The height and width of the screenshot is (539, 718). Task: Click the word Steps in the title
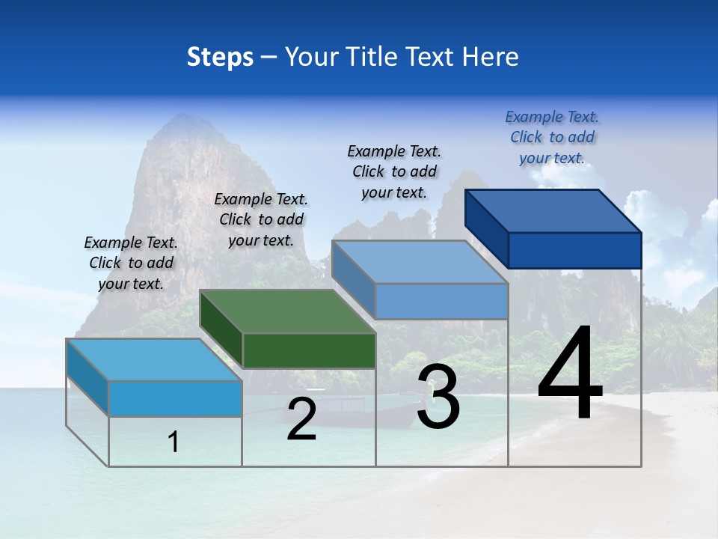click(x=220, y=57)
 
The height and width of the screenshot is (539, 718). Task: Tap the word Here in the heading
click(x=491, y=57)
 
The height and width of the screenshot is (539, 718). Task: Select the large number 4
click(x=570, y=374)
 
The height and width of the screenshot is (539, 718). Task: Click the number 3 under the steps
click(x=438, y=396)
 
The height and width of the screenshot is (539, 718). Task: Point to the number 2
click(x=301, y=419)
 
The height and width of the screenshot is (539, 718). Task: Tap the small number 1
click(x=174, y=442)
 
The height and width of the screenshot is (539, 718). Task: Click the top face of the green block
click(x=288, y=311)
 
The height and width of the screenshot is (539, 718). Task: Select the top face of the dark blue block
click(x=553, y=210)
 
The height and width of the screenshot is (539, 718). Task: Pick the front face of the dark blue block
click(x=574, y=250)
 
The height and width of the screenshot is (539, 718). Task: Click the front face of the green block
click(x=309, y=350)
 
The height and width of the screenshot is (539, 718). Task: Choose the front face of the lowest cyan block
click(x=175, y=398)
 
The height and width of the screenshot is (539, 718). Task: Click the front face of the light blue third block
click(x=441, y=302)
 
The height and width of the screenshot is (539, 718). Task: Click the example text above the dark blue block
click(x=552, y=137)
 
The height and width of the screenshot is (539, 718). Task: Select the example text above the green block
click(x=261, y=219)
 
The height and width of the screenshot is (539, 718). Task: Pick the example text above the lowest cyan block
click(x=131, y=263)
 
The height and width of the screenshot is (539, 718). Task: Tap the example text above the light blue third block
click(x=394, y=171)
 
